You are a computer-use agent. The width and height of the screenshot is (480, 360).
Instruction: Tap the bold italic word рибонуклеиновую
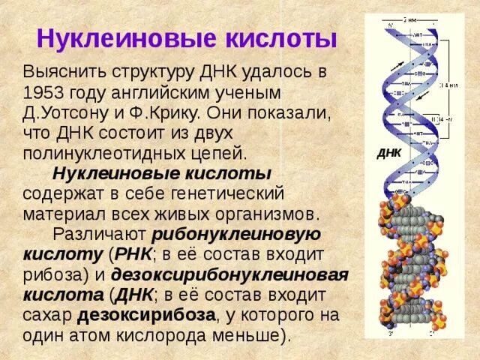[x=237, y=233]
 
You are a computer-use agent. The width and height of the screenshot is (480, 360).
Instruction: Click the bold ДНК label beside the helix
[x=389, y=152]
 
